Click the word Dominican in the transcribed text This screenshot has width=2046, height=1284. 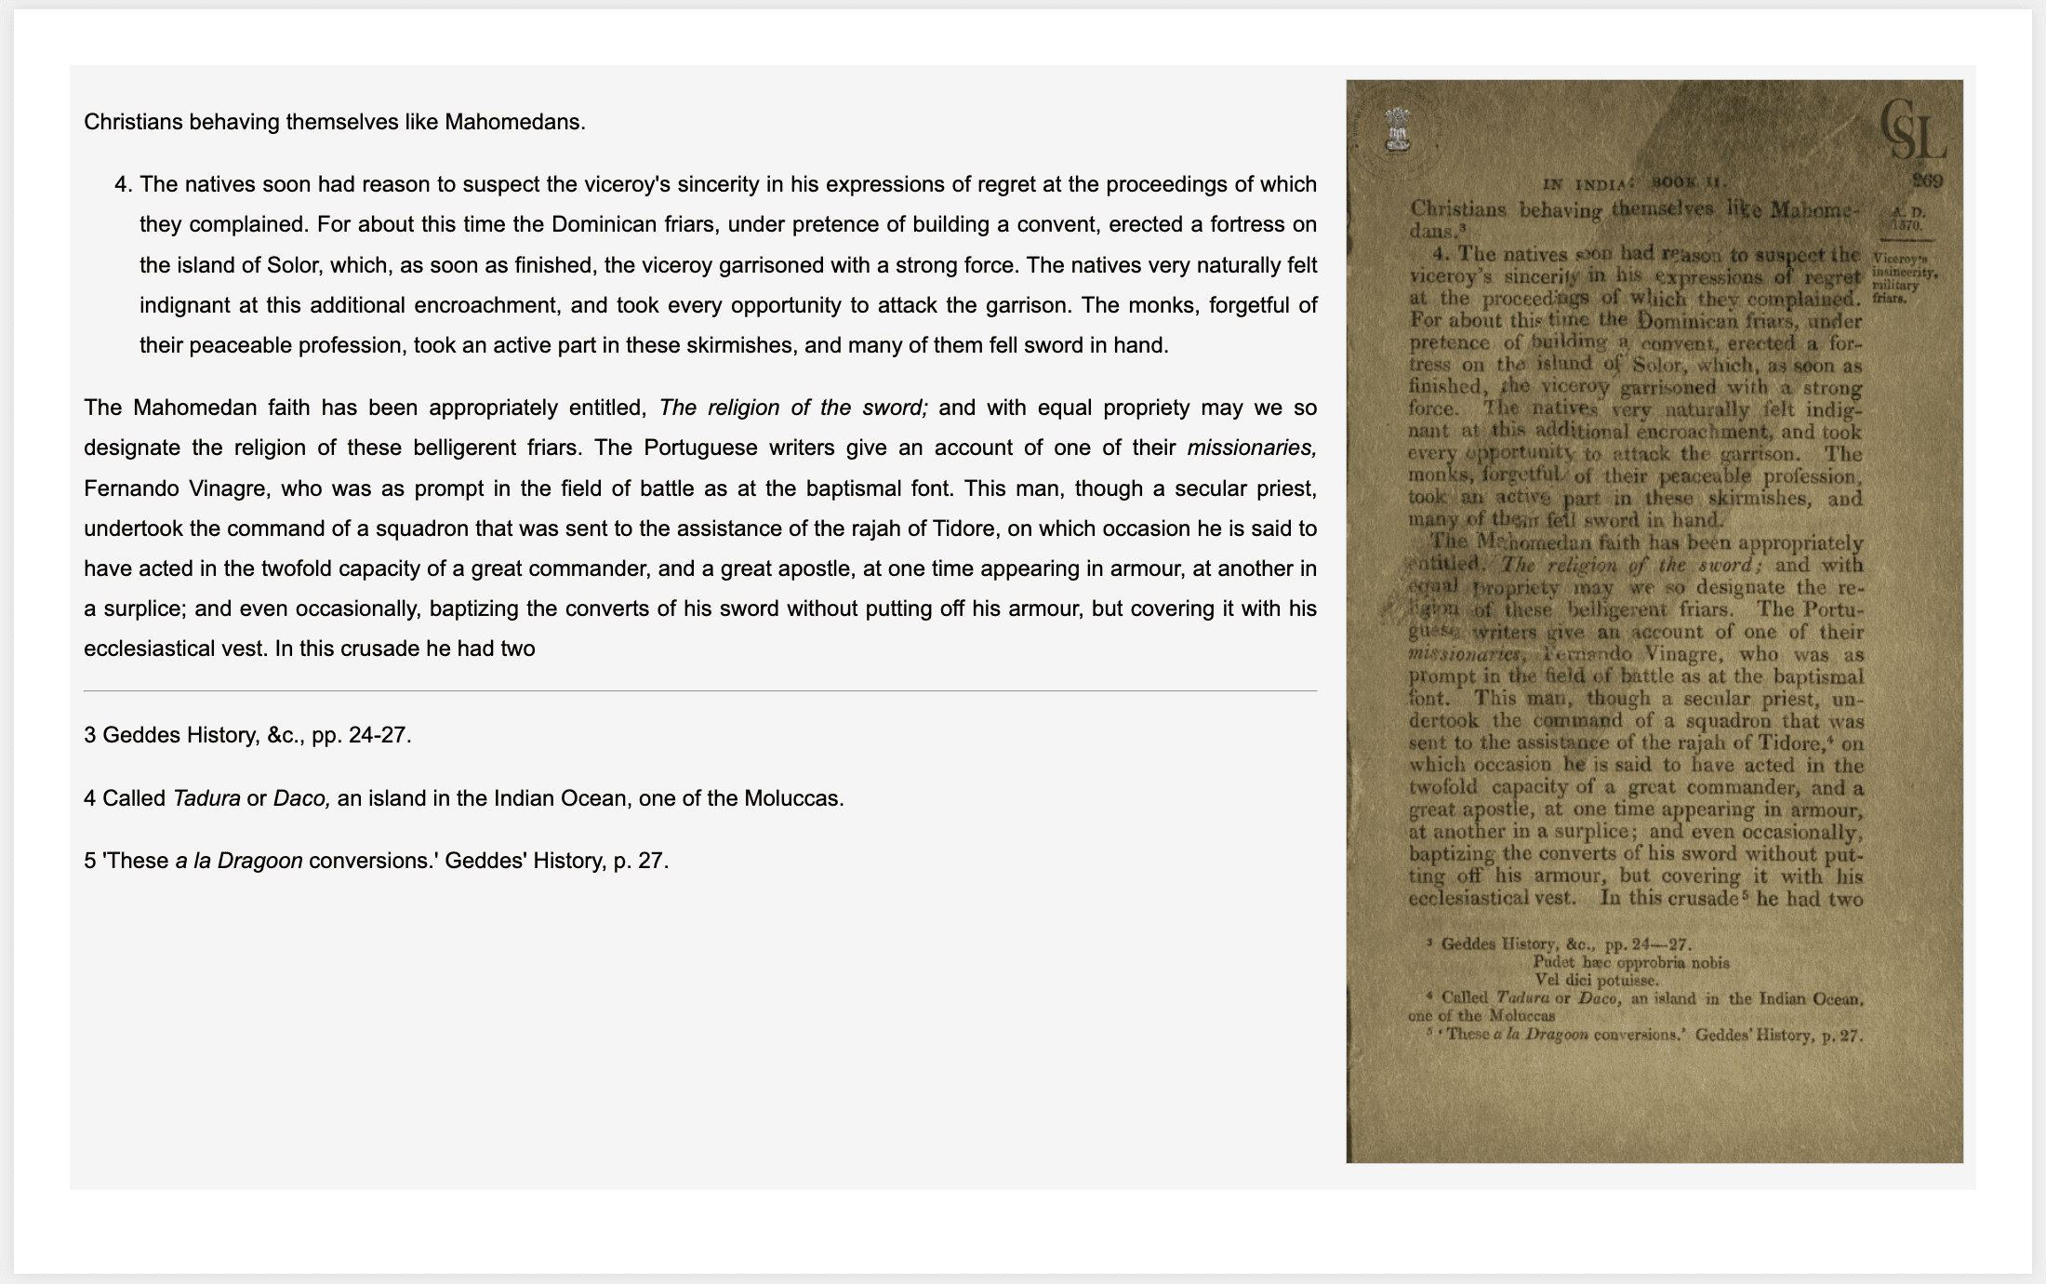pyautogui.click(x=597, y=225)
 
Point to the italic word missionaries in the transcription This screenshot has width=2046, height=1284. pyautogui.click(x=1251, y=448)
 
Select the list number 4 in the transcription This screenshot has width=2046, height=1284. pyautogui.click(x=121, y=184)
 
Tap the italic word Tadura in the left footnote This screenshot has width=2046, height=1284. pyautogui.click(x=206, y=798)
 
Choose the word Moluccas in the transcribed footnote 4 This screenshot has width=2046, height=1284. pyautogui.click(x=791, y=798)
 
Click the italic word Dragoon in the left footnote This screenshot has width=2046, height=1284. pyautogui.click(x=259, y=861)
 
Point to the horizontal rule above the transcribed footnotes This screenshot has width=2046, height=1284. pyautogui.click(x=699, y=691)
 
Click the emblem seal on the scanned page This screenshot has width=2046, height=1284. pyautogui.click(x=1397, y=130)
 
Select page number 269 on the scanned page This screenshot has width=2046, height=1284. pyautogui.click(x=1927, y=181)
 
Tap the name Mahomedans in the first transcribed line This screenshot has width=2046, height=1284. pyautogui.click(x=513, y=122)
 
